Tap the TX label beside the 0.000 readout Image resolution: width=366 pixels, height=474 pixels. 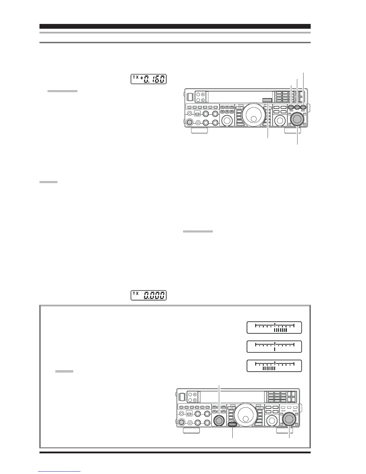[x=136, y=294]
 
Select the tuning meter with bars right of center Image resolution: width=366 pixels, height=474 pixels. [x=274, y=327]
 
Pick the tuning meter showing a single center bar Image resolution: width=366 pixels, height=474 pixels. [x=274, y=347]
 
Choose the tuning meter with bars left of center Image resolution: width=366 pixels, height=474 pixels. [x=274, y=366]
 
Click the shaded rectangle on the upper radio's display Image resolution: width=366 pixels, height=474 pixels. [x=267, y=101]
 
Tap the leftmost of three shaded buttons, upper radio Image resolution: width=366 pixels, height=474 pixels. [x=291, y=107]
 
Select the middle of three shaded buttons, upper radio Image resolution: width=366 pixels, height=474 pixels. [x=297, y=107]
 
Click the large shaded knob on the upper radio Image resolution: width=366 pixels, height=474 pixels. [x=297, y=119]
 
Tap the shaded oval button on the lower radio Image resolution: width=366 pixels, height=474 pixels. [x=232, y=424]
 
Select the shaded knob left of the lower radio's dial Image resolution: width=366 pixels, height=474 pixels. [x=219, y=420]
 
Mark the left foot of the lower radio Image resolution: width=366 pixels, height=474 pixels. [x=191, y=431]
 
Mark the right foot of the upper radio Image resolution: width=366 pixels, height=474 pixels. [x=292, y=131]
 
